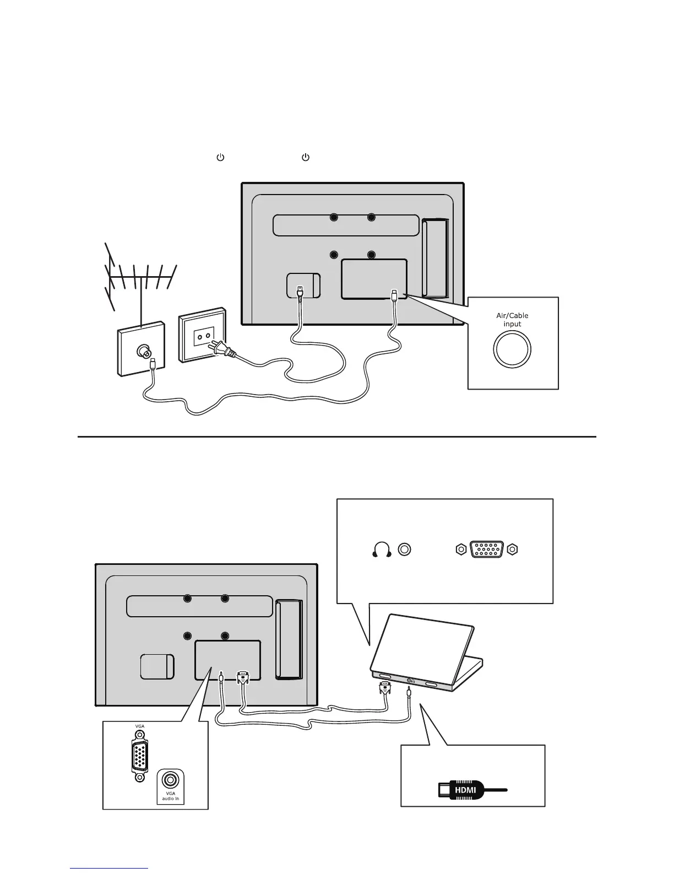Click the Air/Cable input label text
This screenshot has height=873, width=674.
(512, 320)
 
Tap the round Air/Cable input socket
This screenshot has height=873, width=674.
(512, 349)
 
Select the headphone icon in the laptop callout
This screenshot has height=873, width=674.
(382, 549)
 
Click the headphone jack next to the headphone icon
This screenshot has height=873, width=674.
(405, 549)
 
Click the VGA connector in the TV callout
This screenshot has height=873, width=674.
(140, 757)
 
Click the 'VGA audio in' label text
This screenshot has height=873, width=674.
(171, 796)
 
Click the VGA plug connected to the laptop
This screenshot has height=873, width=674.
(385, 688)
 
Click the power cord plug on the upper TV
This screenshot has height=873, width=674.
(299, 292)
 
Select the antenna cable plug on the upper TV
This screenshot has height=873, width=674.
(395, 295)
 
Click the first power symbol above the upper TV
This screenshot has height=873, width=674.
(220, 158)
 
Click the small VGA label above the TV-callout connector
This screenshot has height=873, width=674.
(140, 726)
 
